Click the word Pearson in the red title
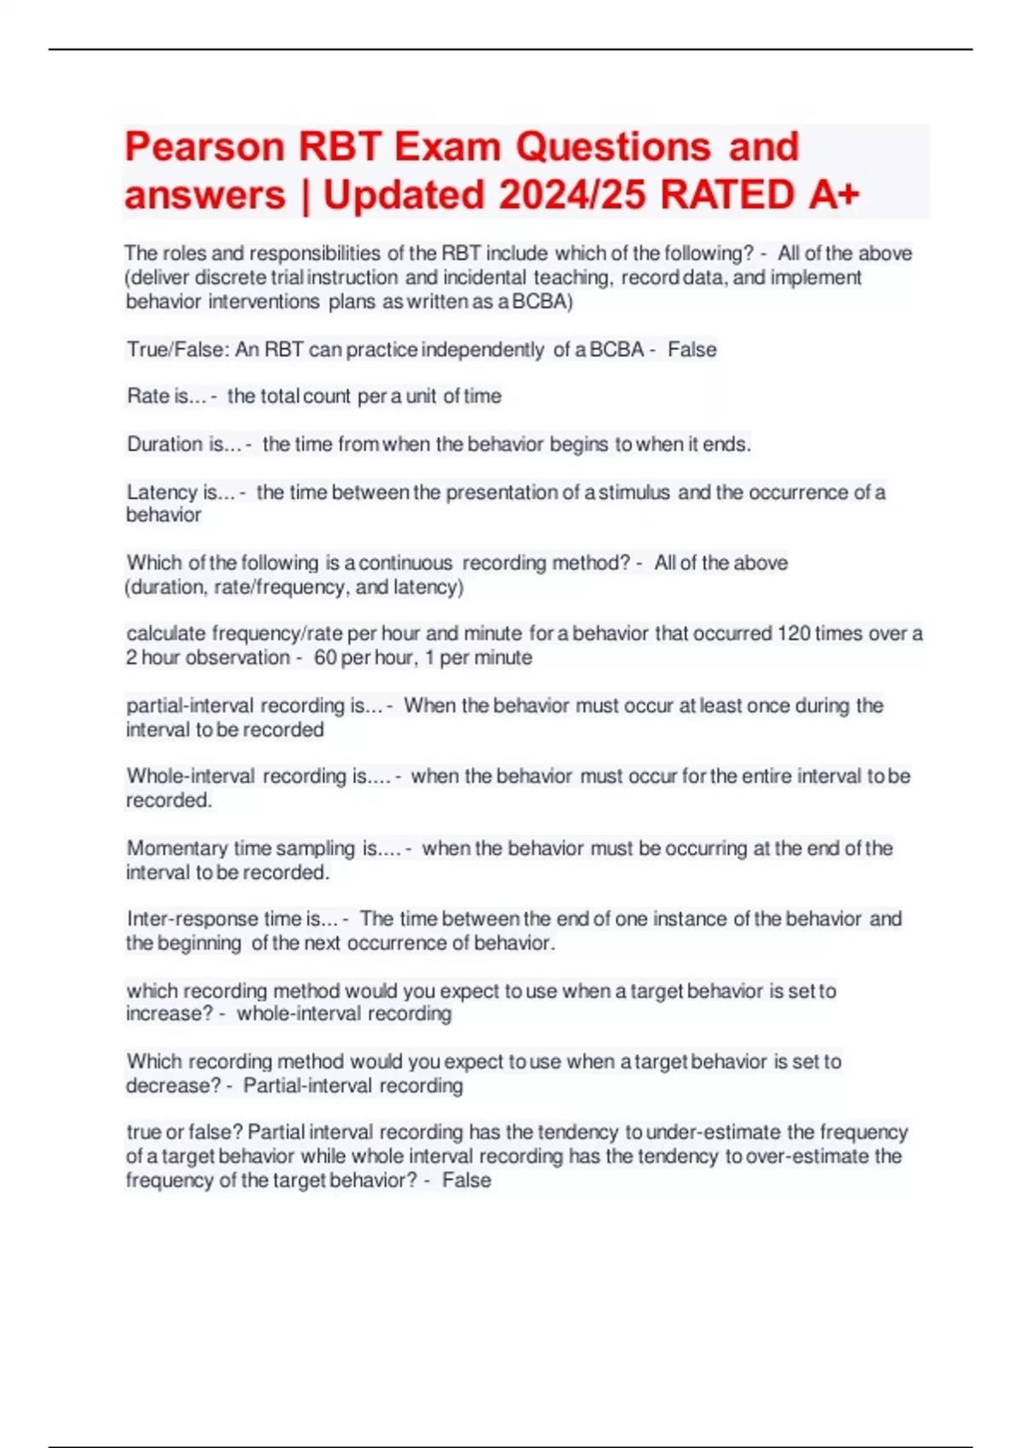[x=204, y=147]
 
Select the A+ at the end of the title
[x=834, y=195]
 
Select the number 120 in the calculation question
[x=794, y=634]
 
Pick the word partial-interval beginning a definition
[x=190, y=706]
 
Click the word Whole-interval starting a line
[x=191, y=776]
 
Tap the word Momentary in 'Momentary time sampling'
[x=177, y=848]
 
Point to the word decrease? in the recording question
[x=173, y=1086]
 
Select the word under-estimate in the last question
[x=713, y=1132]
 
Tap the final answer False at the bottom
[x=467, y=1181]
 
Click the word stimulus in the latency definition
[x=634, y=492]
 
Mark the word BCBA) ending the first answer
[x=543, y=302]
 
